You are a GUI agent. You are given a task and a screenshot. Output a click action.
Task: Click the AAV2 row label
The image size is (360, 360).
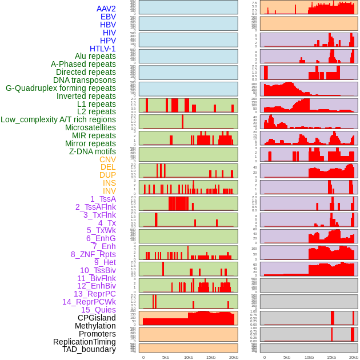click(x=106, y=9)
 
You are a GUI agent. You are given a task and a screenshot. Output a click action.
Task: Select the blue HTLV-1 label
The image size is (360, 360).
click(x=102, y=49)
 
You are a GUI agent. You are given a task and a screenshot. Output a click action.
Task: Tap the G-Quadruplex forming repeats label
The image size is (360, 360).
click(x=61, y=88)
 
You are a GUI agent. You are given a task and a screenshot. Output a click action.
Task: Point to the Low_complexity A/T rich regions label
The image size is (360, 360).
click(x=58, y=119)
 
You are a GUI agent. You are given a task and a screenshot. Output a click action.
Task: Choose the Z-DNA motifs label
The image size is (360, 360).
click(x=92, y=151)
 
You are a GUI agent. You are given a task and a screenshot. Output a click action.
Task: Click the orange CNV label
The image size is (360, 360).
click(x=107, y=159)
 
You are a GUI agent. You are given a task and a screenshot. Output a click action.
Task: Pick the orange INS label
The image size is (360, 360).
click(x=109, y=183)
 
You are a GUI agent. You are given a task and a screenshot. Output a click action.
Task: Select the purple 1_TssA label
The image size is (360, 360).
click(x=103, y=199)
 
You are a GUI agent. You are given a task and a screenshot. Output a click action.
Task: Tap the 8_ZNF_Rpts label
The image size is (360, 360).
click(x=93, y=254)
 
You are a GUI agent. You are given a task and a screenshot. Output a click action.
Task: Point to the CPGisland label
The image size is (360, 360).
click(x=97, y=318)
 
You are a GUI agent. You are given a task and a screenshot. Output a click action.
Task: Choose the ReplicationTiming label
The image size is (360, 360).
click(x=84, y=342)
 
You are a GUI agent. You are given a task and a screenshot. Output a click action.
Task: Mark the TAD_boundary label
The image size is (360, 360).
click(x=89, y=349)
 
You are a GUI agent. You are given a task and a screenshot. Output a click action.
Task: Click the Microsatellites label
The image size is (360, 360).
click(x=90, y=127)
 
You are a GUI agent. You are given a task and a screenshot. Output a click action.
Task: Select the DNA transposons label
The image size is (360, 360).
click(x=85, y=80)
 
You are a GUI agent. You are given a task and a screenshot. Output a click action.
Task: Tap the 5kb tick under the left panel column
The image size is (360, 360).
click(x=166, y=357)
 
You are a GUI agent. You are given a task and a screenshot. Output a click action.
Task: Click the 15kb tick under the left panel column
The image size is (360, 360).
click(x=211, y=357)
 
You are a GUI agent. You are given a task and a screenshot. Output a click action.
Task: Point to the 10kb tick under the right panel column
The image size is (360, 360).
click(x=309, y=357)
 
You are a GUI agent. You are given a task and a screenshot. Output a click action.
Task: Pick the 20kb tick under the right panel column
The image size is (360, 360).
click(x=354, y=357)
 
